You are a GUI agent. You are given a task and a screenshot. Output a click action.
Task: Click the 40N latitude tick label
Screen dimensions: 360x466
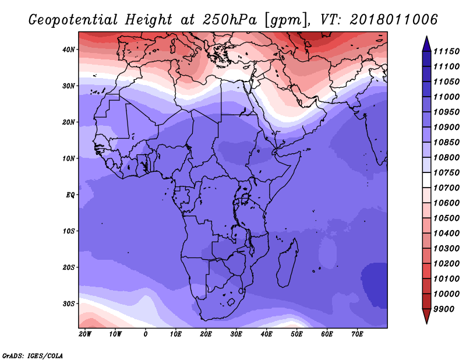(x=68, y=50)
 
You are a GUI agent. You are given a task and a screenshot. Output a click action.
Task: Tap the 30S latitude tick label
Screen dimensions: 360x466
(x=68, y=303)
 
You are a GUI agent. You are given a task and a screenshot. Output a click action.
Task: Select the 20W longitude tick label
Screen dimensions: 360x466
(x=85, y=334)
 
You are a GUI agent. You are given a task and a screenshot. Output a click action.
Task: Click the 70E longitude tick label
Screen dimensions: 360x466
(x=357, y=334)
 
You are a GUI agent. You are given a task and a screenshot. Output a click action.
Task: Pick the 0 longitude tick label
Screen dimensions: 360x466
(x=145, y=334)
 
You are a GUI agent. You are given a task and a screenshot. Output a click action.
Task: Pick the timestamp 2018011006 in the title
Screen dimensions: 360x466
(x=394, y=20)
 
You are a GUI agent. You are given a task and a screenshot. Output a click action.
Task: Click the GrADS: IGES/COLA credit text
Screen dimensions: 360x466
(x=32, y=355)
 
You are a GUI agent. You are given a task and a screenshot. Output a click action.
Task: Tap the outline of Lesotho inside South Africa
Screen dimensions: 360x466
(x=230, y=303)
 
